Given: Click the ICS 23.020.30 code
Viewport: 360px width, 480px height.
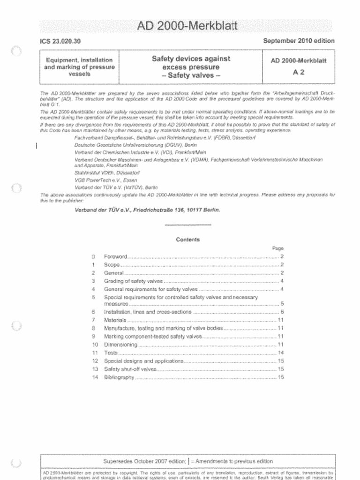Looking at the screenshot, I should [x=60, y=41].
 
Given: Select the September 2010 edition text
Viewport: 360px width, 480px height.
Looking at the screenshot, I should [x=299, y=41].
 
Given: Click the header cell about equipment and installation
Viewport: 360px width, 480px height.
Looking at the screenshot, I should [x=79, y=67].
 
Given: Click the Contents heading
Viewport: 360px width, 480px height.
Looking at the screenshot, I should [x=188, y=240].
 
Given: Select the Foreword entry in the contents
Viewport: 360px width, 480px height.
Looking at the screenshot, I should [x=115, y=257].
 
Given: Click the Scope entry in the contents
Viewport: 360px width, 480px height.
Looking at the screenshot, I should [x=112, y=265].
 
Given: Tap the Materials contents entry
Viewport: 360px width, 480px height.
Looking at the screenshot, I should [x=115, y=320].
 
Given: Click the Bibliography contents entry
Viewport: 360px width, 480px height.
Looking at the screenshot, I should [x=120, y=377].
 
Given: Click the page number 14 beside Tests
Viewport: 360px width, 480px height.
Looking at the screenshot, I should [x=281, y=352].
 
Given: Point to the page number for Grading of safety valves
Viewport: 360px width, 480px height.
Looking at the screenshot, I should [x=282, y=281].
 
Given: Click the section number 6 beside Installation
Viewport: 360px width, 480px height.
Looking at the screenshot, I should [x=94, y=312].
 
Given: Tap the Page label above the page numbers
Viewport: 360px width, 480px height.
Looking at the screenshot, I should [x=278, y=248].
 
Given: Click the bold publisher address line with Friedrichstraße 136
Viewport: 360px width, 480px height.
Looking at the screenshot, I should [x=147, y=210].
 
